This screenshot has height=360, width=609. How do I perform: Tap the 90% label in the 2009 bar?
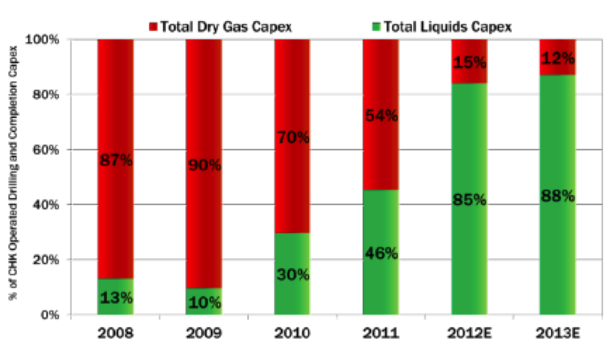point(204,165)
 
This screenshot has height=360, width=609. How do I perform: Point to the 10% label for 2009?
point(204,303)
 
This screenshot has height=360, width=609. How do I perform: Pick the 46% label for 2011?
point(381,252)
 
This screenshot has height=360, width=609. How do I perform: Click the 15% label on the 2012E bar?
point(470,63)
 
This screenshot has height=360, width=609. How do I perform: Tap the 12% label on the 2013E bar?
point(558,58)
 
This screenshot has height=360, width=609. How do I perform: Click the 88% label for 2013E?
point(558,196)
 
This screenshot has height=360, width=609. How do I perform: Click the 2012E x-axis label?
point(470,332)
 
